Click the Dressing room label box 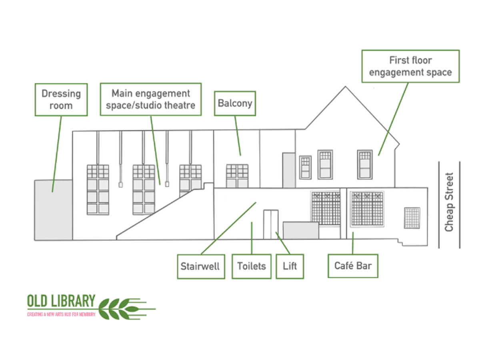61,100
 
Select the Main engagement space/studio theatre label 150,99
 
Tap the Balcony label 235,103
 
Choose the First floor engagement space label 410,66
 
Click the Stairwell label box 200,266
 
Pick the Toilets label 251,266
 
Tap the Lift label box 290,266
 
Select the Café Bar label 353,265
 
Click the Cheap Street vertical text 449,202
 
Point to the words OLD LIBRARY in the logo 61,301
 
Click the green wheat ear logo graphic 126,308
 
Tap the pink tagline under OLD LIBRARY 61,314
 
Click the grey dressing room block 53,210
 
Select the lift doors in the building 270,224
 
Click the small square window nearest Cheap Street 412,218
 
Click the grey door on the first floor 289,170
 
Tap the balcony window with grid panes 237,176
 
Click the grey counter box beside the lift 301,230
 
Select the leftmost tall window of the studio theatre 98,190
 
